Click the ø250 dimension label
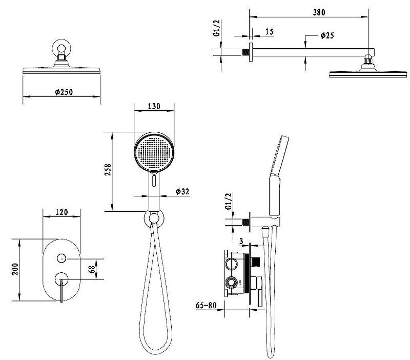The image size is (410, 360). tap(64, 92)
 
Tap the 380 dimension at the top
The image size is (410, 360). tap(319, 12)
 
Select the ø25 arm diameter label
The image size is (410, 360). tap(327, 35)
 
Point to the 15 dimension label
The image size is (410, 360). tap(269, 32)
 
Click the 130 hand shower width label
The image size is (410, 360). tap(154, 106)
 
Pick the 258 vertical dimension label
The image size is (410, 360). tap(108, 170)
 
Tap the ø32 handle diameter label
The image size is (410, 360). tap(182, 191)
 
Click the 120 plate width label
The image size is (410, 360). tap(61, 212)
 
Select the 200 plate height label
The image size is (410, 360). tap(15, 269)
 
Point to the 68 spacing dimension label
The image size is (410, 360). tap(92, 269)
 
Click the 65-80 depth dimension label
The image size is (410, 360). tap(207, 305)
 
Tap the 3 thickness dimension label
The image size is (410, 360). tap(241, 241)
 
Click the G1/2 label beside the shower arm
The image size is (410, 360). tap(217, 28)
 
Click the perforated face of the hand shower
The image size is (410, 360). tap(154, 152)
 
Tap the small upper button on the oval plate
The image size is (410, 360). tap(61, 258)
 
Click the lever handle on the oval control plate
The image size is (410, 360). tap(61, 290)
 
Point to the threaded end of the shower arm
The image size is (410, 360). tap(246, 52)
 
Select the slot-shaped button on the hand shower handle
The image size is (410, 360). tap(154, 181)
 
